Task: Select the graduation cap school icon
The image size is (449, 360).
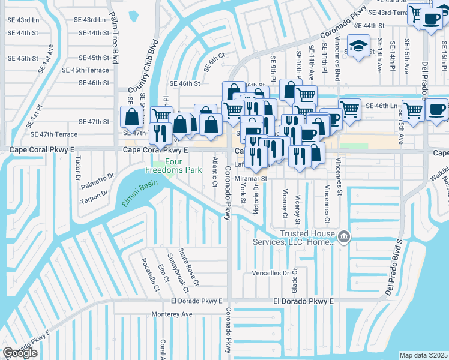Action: [359, 47]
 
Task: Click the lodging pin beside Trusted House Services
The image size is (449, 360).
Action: [344, 237]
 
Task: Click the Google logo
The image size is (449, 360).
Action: [20, 353]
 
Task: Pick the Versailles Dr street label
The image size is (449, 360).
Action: [270, 272]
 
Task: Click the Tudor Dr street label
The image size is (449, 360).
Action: [78, 169]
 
